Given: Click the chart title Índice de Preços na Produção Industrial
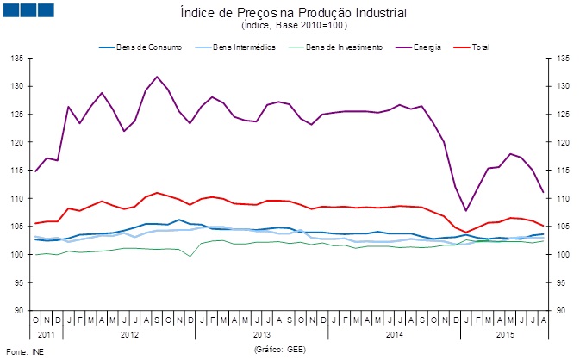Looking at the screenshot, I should [x=293, y=13].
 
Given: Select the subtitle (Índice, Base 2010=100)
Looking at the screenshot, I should [x=293, y=26].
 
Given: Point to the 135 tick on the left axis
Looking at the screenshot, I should [x=16, y=58].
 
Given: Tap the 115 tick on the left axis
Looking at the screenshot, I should [x=16, y=170].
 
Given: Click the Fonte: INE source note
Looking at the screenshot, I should [x=24, y=351].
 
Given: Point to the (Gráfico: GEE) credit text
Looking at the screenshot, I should [x=280, y=351].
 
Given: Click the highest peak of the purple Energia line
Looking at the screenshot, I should [x=157, y=77].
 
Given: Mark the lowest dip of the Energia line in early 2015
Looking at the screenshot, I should [x=466, y=211].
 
